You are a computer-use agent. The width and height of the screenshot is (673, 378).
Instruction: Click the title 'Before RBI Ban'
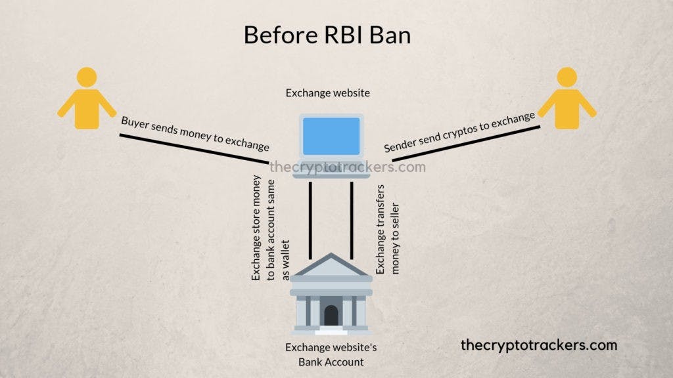point(327,35)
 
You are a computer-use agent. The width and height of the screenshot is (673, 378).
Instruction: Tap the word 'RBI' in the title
point(343,35)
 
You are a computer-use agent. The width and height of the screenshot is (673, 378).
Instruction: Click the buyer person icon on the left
point(87,98)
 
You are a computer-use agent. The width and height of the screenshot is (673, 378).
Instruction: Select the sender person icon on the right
point(567,98)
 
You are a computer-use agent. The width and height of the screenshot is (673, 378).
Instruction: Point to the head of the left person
point(87,77)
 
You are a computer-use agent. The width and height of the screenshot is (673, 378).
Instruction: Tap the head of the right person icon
point(567,77)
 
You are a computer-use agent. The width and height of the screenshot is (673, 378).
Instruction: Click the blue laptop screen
point(331,136)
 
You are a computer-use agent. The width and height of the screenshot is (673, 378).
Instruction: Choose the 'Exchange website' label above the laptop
point(327,93)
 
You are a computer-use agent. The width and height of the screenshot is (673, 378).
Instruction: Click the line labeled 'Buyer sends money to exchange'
point(194,149)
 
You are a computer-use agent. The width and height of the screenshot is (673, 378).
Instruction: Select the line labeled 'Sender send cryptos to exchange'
point(466,144)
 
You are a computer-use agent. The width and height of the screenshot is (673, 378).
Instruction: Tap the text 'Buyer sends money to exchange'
point(195,133)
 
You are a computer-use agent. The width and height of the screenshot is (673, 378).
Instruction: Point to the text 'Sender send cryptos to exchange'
point(459,132)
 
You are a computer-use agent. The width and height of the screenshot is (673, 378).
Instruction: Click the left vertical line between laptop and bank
point(310,220)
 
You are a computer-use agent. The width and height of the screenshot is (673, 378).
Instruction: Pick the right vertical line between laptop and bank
point(352,220)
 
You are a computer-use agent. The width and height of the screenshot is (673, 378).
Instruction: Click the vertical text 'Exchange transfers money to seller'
point(388,229)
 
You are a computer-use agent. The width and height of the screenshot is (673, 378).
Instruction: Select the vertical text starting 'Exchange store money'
point(270,228)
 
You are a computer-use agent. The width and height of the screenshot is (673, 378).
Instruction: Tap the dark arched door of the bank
point(331,316)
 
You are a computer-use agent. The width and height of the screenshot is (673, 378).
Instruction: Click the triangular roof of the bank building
point(331,264)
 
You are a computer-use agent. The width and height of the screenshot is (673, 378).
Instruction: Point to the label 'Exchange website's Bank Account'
point(331,354)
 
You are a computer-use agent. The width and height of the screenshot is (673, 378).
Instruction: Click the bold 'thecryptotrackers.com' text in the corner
point(539,345)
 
